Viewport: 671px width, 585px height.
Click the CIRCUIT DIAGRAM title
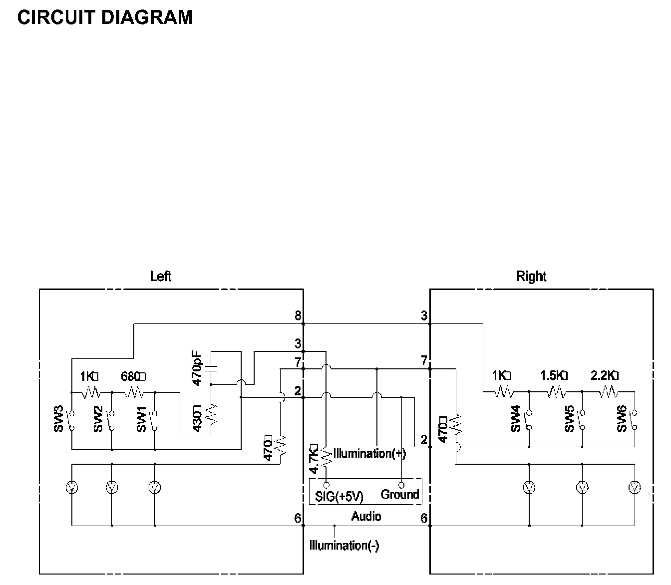[105, 17]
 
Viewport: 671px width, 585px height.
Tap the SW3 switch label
[59, 420]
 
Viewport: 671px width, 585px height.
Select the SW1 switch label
[142, 420]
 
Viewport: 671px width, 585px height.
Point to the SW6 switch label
[621, 420]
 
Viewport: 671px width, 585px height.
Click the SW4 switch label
[515, 420]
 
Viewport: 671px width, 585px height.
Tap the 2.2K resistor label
[605, 375]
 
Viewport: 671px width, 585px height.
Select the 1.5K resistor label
[554, 375]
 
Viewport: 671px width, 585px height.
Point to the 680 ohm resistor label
[133, 376]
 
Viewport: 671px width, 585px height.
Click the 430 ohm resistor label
[197, 418]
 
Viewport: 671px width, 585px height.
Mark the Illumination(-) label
[344, 546]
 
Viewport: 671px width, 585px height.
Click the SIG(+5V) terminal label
[339, 497]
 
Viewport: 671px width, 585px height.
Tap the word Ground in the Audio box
[399, 495]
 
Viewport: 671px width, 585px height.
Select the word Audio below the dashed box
[366, 517]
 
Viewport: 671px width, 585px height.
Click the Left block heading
[161, 276]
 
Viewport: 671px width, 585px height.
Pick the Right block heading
[531, 276]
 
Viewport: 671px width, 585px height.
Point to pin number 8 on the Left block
[298, 315]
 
